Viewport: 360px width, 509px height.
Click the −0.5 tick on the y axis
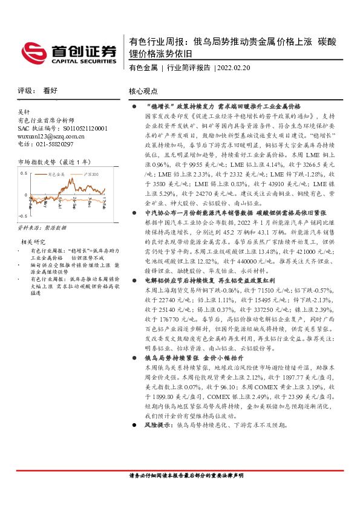[23, 216]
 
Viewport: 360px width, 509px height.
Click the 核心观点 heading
[143, 91]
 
